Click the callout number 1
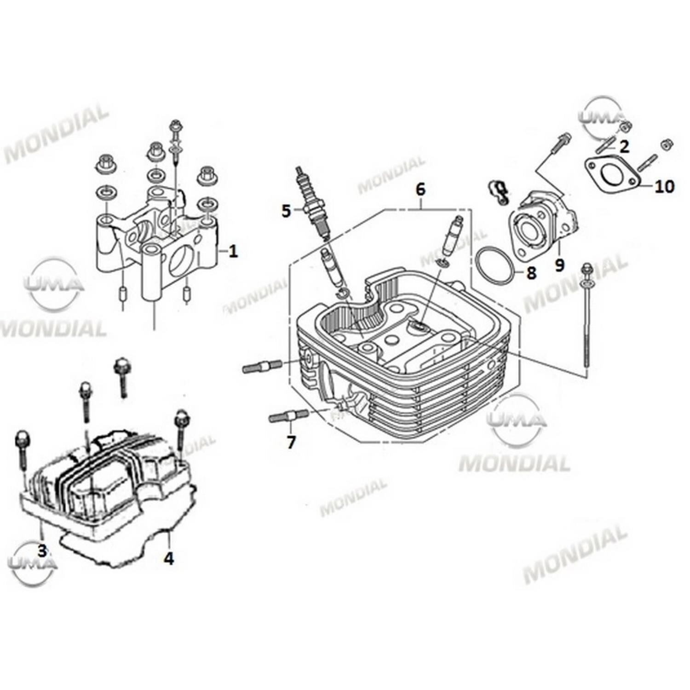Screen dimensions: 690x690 pyautogui.click(x=233, y=251)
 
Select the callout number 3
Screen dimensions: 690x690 pyautogui.click(x=42, y=550)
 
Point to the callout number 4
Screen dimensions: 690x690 pyautogui.click(x=169, y=558)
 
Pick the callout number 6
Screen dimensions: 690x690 pyautogui.click(x=420, y=189)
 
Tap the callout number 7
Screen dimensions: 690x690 pyautogui.click(x=291, y=442)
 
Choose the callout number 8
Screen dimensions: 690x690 pyautogui.click(x=531, y=273)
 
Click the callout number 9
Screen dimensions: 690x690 pyautogui.click(x=559, y=265)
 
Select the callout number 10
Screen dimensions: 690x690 pyautogui.click(x=664, y=186)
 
